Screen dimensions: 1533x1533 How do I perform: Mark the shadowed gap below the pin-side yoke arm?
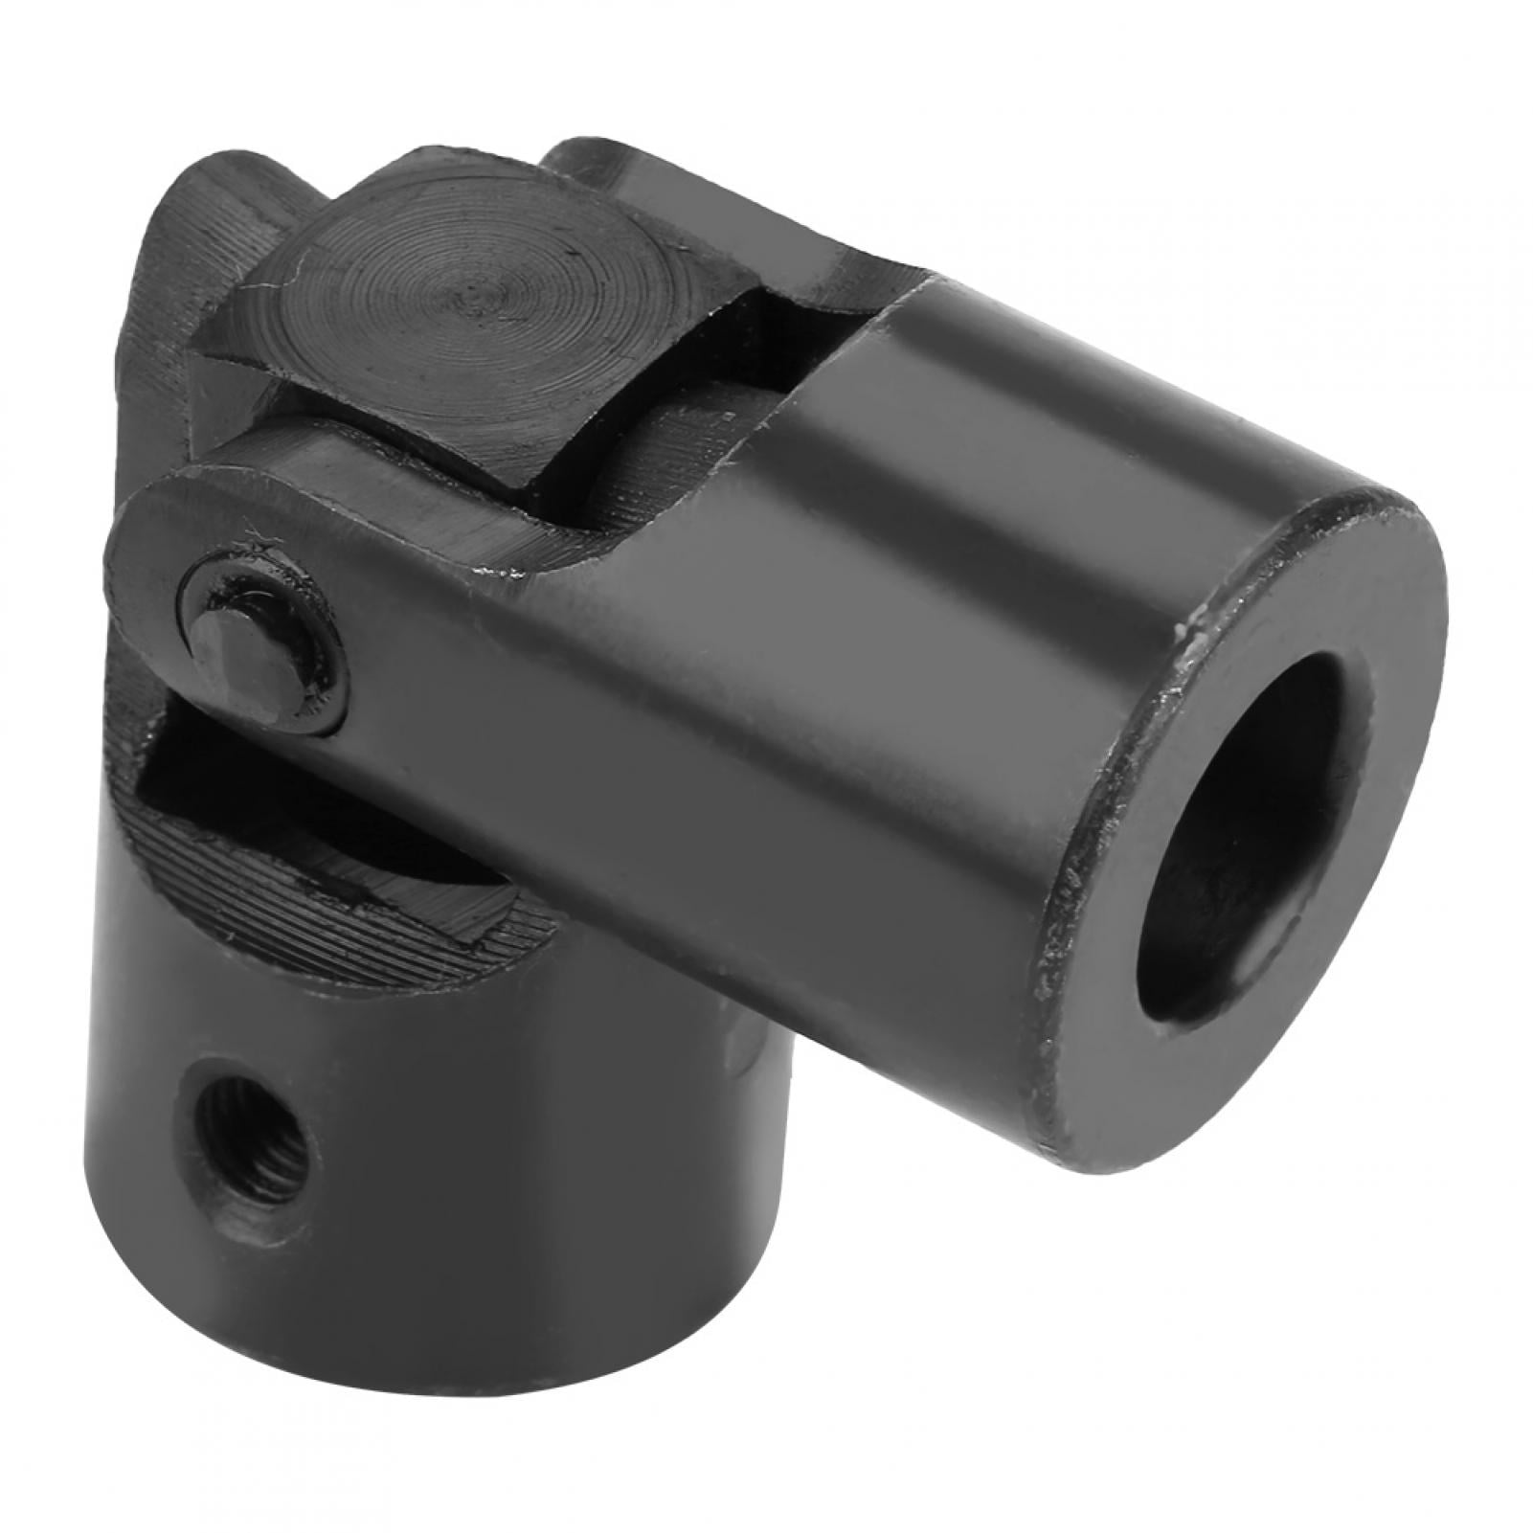click(192, 756)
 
